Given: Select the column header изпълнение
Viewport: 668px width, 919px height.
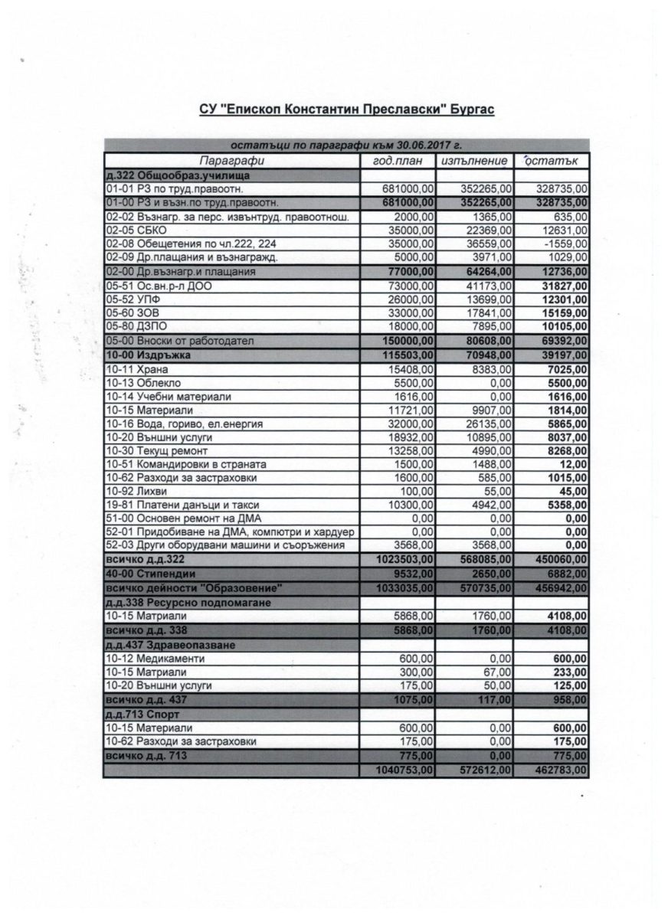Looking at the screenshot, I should pyautogui.click(x=474, y=162).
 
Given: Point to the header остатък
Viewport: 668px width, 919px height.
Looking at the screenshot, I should pyautogui.click(x=552, y=162).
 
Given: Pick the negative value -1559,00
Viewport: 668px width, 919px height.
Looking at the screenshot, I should pyautogui.click(x=567, y=244).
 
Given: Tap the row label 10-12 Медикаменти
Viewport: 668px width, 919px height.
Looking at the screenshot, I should pyautogui.click(x=151, y=659).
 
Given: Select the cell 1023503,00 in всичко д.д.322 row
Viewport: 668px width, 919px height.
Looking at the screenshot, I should pyautogui.click(x=406, y=561).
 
